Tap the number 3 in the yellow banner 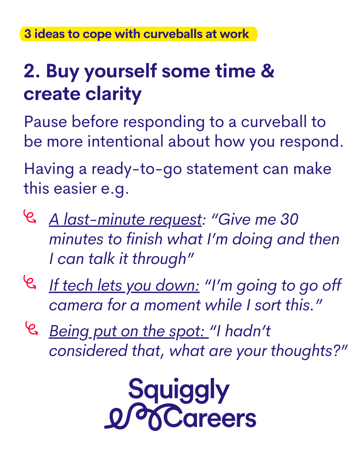pos(28,34)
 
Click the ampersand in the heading pos(267,71)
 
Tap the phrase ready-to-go pos(137,169)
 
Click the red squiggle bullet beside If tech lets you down pos(29,282)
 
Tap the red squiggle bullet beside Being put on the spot pos(32,328)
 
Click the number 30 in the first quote pos(289,220)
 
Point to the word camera pos(76,306)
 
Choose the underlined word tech pos(77,285)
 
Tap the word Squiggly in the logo pos(179,391)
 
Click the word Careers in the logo pos(210,419)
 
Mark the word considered pos(88,351)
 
